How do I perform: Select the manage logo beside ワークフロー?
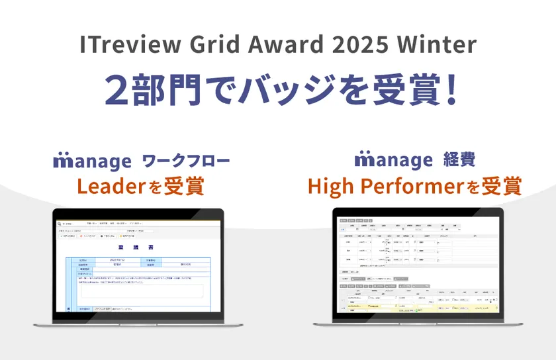tap(93, 161)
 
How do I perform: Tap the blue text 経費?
tap(459, 160)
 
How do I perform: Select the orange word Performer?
tap(411, 187)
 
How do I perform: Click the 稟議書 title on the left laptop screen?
tap(138, 247)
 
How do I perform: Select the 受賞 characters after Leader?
tap(184, 187)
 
